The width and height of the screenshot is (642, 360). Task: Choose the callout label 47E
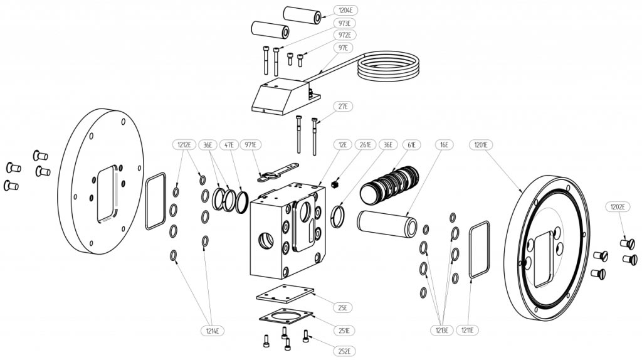click(x=229, y=144)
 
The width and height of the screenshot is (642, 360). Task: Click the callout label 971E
click(x=253, y=144)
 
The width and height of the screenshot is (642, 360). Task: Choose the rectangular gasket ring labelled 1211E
click(x=479, y=249)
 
